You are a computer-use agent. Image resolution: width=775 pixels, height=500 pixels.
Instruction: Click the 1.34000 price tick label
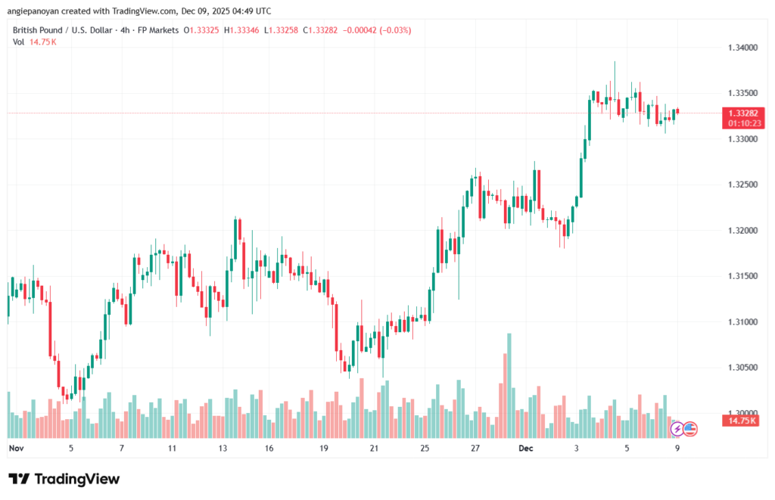coord(739,48)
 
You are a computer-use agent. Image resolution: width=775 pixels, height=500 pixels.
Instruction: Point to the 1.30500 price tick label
coord(739,367)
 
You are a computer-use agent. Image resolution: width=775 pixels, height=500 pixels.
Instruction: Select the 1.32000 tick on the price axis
coord(739,230)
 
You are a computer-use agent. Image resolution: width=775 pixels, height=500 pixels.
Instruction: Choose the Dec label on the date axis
coord(527,448)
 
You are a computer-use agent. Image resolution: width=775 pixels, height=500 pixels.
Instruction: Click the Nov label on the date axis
coord(17,448)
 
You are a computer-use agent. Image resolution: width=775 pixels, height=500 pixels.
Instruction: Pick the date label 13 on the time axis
coord(223,448)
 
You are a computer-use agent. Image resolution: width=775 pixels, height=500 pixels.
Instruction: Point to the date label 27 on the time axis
coord(475,448)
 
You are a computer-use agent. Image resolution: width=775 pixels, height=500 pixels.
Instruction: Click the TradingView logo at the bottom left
coord(64,479)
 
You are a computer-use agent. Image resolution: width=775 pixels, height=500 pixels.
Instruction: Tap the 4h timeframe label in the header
coord(128,30)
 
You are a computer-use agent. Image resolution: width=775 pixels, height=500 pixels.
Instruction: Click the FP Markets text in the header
coord(160,30)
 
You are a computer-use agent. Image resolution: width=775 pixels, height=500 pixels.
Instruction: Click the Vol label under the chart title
coord(19,42)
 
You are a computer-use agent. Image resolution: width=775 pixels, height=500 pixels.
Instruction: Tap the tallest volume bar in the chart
coord(509,385)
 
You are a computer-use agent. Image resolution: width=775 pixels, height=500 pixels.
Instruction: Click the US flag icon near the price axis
coord(689,429)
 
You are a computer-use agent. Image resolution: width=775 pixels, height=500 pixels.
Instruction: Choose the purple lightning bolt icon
coord(677,429)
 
